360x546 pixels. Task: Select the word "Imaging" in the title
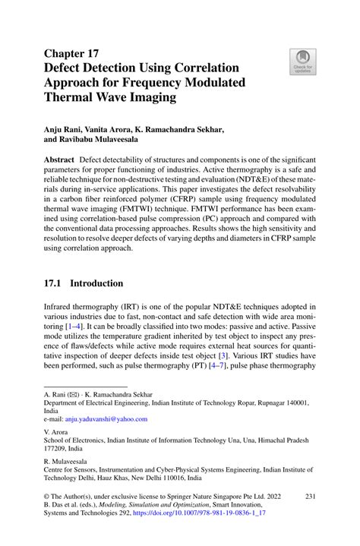pyautogui.click(x=147, y=98)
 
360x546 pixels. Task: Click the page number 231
pyautogui.click(x=310, y=496)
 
